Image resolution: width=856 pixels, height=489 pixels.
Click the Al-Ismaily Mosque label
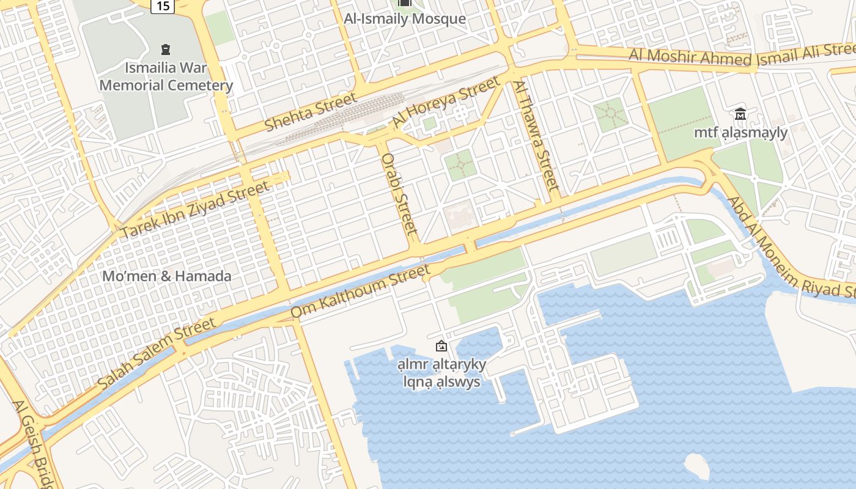(405, 19)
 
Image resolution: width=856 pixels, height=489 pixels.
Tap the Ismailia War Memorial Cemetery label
(166, 76)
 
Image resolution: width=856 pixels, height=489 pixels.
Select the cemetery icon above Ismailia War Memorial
(165, 49)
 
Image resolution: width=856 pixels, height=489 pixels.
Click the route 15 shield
(163, 6)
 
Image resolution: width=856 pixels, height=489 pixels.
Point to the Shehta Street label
(311, 112)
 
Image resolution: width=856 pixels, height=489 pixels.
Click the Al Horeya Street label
(446, 101)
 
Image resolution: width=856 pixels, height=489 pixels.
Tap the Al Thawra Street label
(536, 135)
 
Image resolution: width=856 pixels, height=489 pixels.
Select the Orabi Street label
(400, 194)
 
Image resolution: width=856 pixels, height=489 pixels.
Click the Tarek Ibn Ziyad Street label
(194, 210)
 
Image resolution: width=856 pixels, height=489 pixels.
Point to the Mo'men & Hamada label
(167, 276)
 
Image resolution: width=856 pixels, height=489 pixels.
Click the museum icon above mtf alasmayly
(740, 114)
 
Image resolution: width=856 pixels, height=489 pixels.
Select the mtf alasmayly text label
(740, 132)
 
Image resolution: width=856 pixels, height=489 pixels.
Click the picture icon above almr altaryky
(441, 347)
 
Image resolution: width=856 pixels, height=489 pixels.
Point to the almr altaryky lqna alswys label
(441, 373)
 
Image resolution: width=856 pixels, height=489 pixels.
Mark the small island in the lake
(696, 466)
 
